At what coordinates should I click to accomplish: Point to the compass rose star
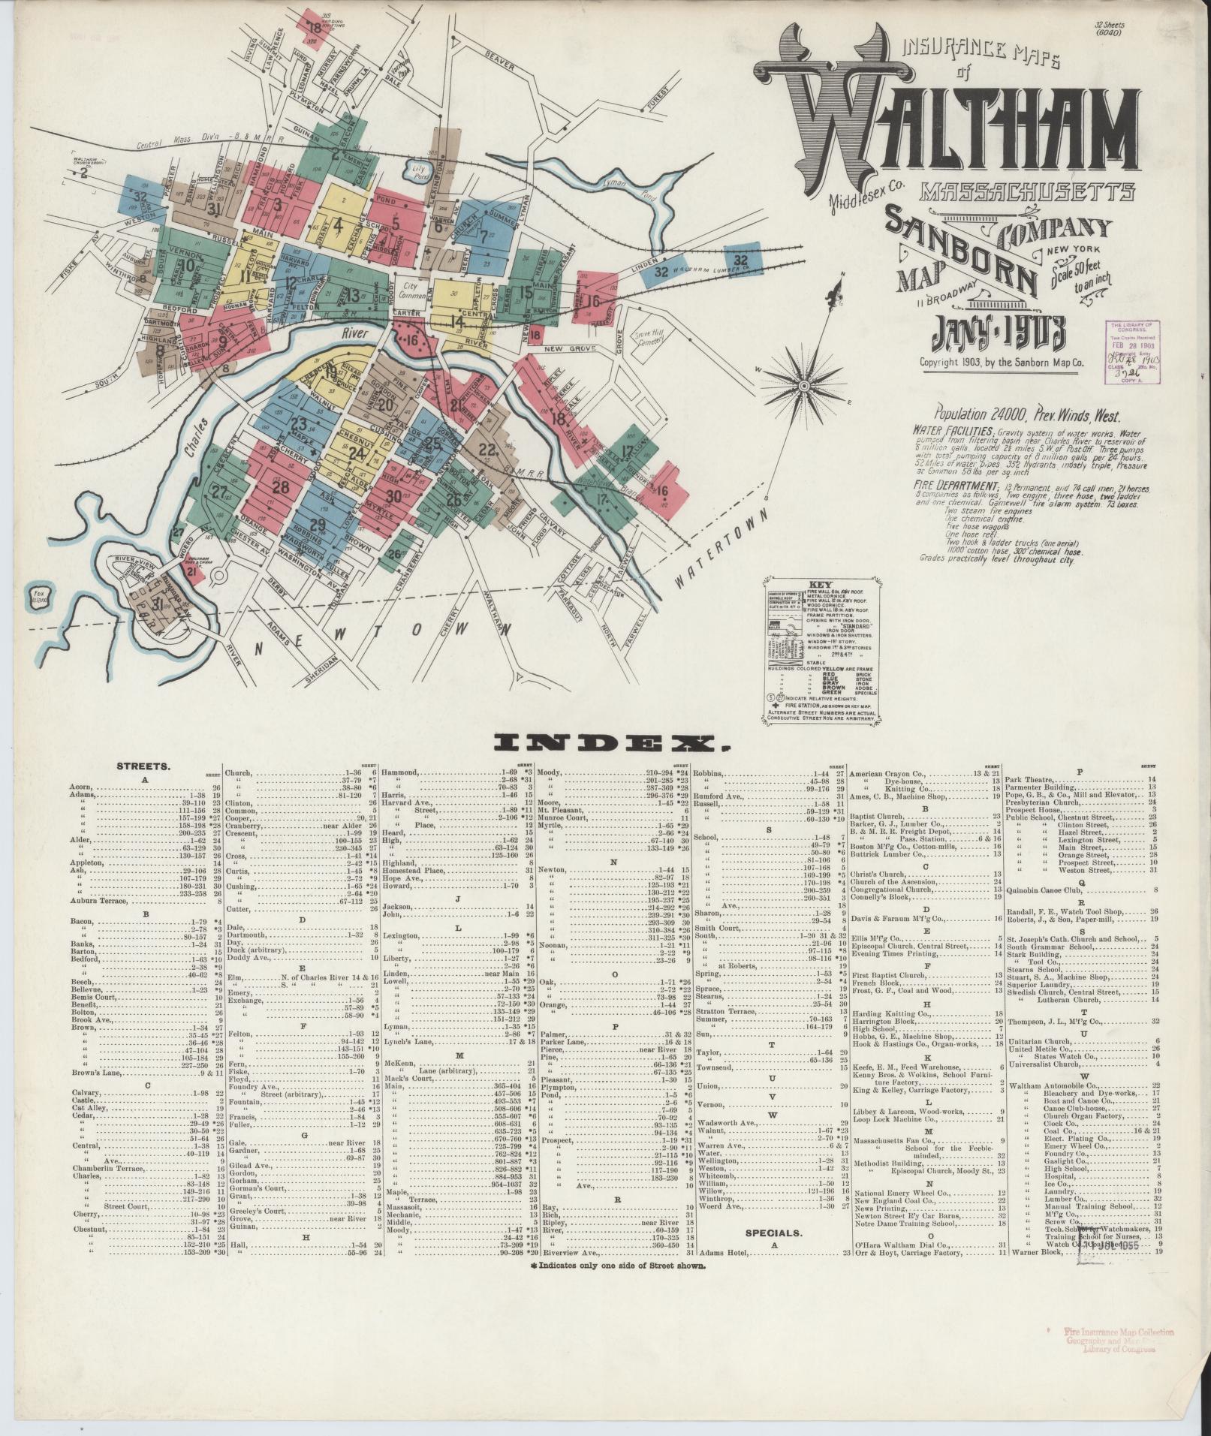[x=803, y=386]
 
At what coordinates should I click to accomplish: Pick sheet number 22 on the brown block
[x=488, y=450]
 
